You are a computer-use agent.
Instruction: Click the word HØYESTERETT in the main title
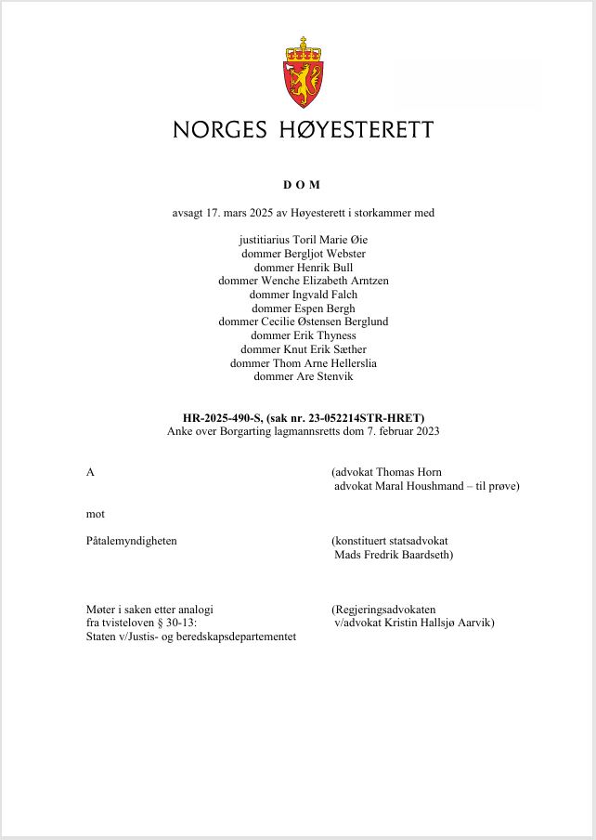tap(356, 130)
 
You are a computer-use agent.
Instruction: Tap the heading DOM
tap(302, 186)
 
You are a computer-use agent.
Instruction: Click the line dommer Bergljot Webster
tap(303, 254)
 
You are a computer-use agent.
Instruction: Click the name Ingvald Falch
tap(324, 295)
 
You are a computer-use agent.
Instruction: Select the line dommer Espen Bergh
tap(303, 308)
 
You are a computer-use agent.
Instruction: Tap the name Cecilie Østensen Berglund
tap(324, 322)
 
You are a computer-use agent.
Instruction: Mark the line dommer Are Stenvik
tap(303, 376)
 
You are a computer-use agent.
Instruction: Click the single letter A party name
tap(90, 472)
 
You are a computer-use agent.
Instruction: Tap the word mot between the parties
tap(95, 513)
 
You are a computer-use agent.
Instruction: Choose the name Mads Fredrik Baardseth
tap(393, 555)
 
